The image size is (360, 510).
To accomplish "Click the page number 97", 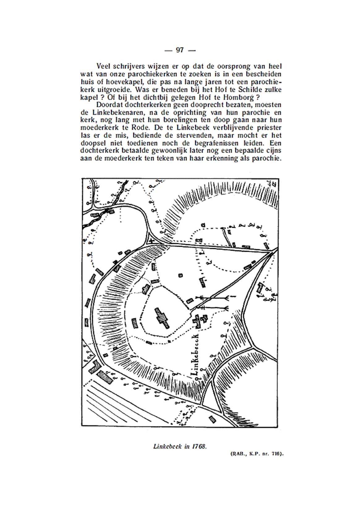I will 180,50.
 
